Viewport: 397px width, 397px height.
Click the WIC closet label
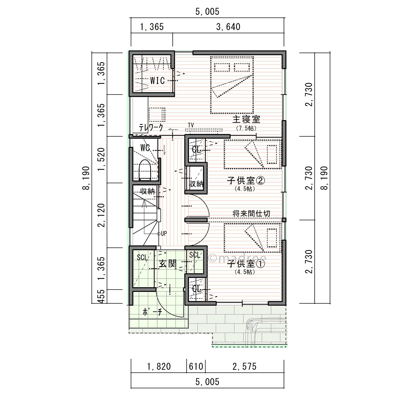pyautogui.click(x=157, y=81)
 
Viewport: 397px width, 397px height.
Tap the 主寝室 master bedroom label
pyautogui.click(x=246, y=119)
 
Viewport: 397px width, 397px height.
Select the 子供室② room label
pyautogui.click(x=246, y=180)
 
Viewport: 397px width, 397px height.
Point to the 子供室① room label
pyautogui.click(x=246, y=264)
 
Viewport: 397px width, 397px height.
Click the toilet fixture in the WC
pyautogui.click(x=145, y=170)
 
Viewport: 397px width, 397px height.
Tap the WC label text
pyautogui.click(x=145, y=148)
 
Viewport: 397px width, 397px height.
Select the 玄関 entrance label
pyautogui.click(x=168, y=264)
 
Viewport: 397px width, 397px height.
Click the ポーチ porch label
pyautogui.click(x=152, y=312)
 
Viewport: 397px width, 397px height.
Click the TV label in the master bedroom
pyautogui.click(x=191, y=125)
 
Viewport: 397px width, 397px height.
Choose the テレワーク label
pyautogui.click(x=151, y=127)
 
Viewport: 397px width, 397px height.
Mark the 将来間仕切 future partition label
pyautogui.click(x=251, y=214)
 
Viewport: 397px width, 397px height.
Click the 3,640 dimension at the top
pyautogui.click(x=228, y=27)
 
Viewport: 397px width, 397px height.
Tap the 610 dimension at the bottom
pyautogui.click(x=196, y=367)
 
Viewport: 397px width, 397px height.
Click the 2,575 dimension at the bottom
pyautogui.click(x=244, y=367)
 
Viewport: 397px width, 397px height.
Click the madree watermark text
pyautogui.click(x=237, y=258)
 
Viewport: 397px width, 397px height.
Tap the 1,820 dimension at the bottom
pyautogui.click(x=159, y=367)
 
